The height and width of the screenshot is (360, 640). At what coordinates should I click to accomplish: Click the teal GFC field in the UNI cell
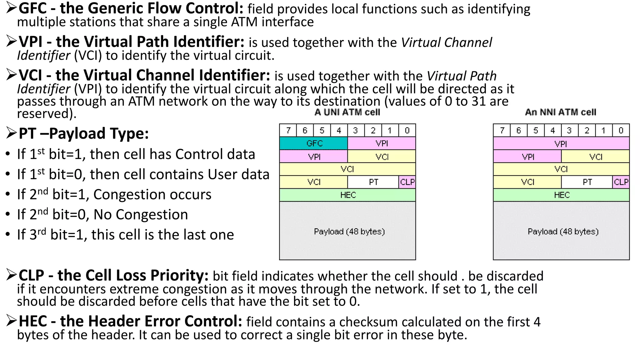(313, 143)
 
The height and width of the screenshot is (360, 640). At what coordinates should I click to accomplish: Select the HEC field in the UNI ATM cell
(347, 195)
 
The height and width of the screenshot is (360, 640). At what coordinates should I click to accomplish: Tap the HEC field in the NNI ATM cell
(561, 195)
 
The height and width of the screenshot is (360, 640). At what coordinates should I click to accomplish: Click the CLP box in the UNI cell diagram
(407, 182)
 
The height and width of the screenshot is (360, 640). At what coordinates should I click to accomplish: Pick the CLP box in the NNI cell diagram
(621, 182)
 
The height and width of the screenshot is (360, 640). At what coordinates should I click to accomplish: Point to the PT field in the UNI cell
(373, 182)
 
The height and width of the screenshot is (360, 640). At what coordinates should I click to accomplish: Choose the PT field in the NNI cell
(587, 182)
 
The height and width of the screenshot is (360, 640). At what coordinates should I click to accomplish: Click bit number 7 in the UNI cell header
(288, 130)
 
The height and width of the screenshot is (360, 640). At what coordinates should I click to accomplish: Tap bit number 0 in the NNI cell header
(621, 130)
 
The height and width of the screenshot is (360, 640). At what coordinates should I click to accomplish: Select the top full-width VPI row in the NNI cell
(561, 144)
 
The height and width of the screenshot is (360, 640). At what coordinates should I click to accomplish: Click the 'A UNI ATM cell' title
(347, 112)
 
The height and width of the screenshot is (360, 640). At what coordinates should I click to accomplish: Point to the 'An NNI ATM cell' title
(561, 112)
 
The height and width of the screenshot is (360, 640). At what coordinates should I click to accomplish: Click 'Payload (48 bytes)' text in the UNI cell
(349, 232)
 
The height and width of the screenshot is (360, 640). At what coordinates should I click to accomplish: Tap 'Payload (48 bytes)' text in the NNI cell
(563, 232)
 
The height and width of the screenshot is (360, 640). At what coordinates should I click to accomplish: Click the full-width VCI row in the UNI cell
(347, 169)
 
